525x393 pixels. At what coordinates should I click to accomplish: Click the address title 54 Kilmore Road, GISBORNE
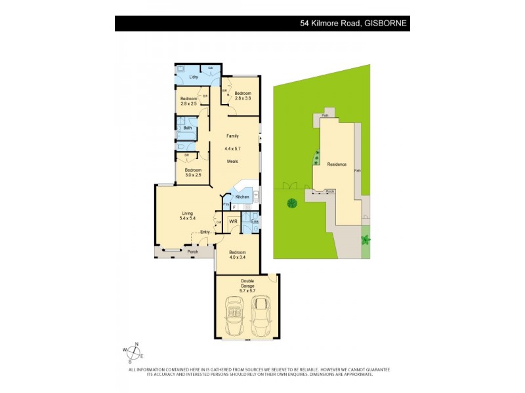(x=353, y=24)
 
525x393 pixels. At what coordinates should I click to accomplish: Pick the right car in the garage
(x=262, y=316)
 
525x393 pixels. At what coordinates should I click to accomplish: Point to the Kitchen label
(x=242, y=196)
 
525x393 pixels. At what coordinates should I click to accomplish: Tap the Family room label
(x=232, y=136)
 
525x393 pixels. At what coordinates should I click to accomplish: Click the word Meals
(x=232, y=161)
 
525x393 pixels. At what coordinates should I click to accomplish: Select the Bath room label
(x=188, y=128)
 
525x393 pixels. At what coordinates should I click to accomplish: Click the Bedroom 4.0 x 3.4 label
(x=237, y=255)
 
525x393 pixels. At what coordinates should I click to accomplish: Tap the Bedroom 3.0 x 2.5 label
(x=193, y=172)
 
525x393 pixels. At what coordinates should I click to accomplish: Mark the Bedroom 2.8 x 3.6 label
(x=243, y=96)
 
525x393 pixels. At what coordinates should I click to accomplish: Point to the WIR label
(x=233, y=222)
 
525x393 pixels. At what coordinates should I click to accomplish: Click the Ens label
(x=254, y=222)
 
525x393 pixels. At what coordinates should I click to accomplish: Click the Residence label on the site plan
(x=337, y=164)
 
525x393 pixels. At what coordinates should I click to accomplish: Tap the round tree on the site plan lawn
(x=291, y=204)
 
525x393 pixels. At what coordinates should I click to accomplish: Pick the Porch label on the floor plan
(x=192, y=252)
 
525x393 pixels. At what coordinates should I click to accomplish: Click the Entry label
(x=205, y=231)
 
